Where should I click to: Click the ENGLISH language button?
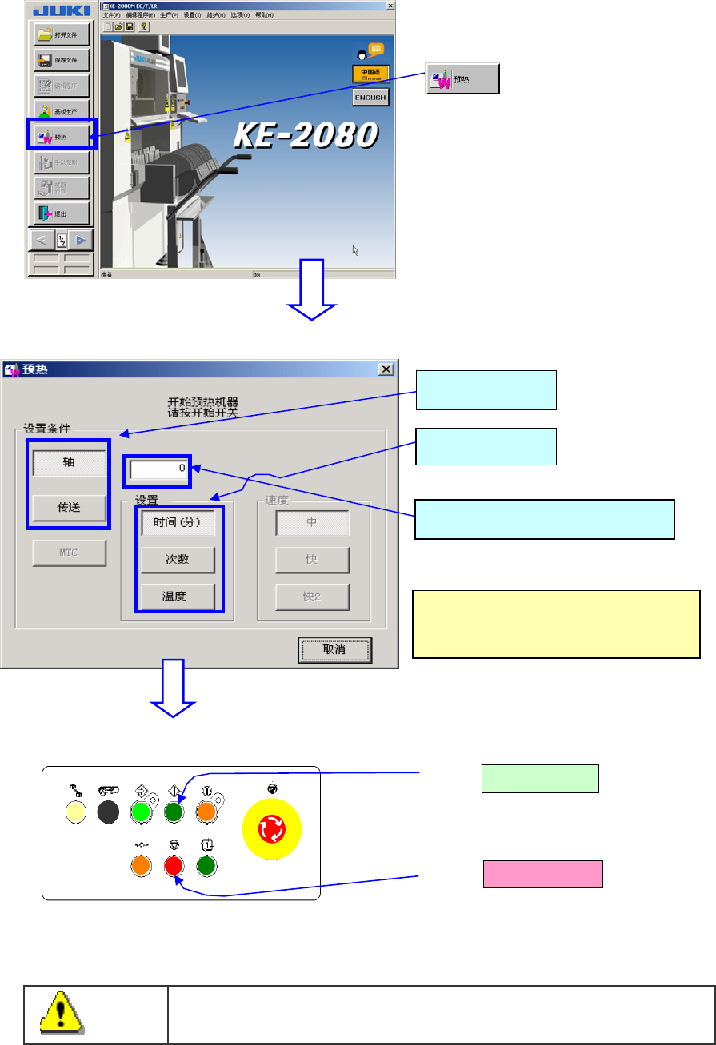tap(370, 98)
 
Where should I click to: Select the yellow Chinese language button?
tap(370, 74)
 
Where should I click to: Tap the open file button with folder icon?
tap(61, 34)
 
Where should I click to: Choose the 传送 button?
tap(69, 507)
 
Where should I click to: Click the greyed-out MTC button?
tap(69, 552)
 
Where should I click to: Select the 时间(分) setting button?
tap(178, 523)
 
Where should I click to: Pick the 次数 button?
tap(178, 560)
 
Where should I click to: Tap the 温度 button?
tap(178, 596)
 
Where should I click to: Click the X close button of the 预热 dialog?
tap(386, 369)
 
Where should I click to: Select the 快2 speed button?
tap(312, 596)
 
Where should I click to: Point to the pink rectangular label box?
tap(542, 874)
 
